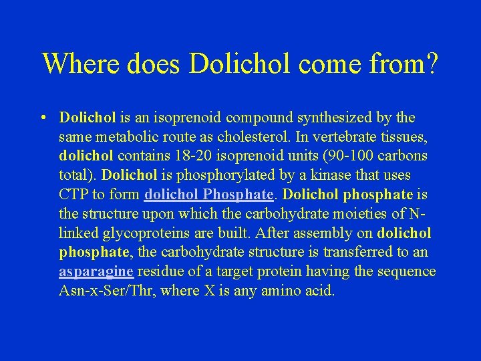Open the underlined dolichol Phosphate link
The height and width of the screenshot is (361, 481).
[x=209, y=195]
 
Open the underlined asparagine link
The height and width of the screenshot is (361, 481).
[x=96, y=271]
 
